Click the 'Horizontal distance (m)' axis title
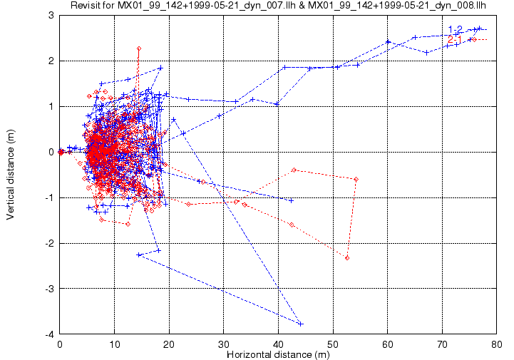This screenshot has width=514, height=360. coord(277,354)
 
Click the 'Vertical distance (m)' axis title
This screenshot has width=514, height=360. coord(11,175)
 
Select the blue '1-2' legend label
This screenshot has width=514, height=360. coord(455,29)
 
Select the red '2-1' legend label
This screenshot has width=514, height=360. coord(455,38)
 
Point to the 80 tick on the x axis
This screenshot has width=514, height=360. coord(495,343)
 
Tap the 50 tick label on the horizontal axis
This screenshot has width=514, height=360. coord(333,343)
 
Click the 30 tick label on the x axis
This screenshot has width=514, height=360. coord(224,343)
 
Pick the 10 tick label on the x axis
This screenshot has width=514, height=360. coord(114,343)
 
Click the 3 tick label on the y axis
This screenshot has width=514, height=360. coord(52,15)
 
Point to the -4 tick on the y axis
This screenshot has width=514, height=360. coord(49,334)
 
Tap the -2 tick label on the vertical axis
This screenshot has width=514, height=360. coord(49,243)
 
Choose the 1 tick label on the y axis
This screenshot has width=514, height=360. coord(52,106)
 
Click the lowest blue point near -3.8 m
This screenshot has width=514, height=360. coord(301,324)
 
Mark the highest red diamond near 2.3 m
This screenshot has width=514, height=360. coord(139,48)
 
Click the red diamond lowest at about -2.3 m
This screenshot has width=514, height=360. coord(347,257)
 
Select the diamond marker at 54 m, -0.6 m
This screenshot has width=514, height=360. coord(356,179)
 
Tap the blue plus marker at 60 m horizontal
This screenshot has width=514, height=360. coord(388,42)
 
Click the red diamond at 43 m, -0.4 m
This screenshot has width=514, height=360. coord(294,170)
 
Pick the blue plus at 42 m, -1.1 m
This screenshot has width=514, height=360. coord(291,201)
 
